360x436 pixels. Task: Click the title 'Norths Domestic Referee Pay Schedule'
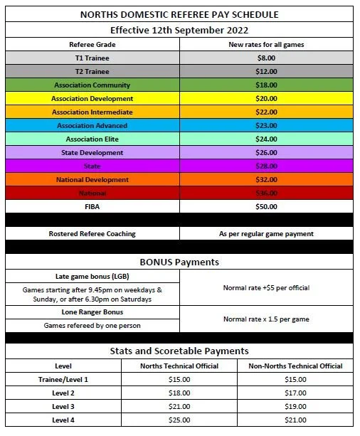[x=179, y=14]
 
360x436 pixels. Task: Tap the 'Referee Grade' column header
[x=92, y=44]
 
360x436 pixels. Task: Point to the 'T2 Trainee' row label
[x=92, y=72]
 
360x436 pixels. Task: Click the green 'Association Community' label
[x=92, y=85]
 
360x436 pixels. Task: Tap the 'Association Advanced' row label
[x=92, y=126]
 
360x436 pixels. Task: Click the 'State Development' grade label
[x=92, y=153]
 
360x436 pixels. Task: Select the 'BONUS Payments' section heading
[x=179, y=262]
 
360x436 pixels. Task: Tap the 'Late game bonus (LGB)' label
[x=92, y=276]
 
